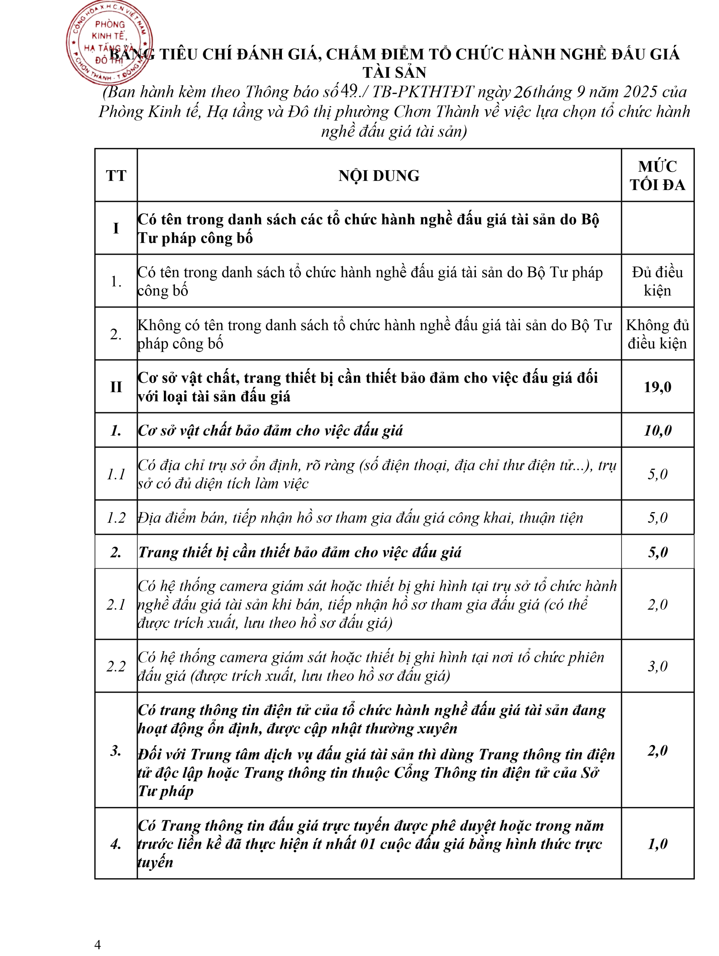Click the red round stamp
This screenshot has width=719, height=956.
point(109,42)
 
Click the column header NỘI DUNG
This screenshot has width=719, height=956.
point(379,176)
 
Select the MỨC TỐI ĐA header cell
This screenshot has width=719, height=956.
point(657,176)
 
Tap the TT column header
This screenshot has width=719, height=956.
point(116,176)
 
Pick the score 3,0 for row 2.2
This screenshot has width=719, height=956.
point(657,666)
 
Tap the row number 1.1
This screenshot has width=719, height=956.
point(116,474)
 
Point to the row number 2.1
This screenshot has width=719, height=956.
point(116,604)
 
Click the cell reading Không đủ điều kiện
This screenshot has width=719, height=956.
point(657,334)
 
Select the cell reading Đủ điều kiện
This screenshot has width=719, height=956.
point(657,281)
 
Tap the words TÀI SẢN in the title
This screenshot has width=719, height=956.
point(394,72)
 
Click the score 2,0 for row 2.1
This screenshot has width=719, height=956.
point(657,604)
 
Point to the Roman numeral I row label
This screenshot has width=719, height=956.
point(116,228)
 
